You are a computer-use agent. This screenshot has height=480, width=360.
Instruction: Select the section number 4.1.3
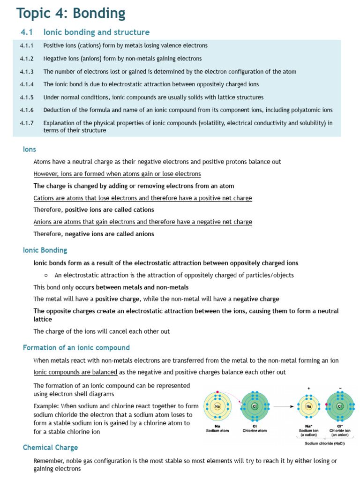[27, 72]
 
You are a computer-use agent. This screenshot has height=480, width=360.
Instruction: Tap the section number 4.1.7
[27, 123]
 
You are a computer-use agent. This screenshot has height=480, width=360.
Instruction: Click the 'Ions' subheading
[30, 149]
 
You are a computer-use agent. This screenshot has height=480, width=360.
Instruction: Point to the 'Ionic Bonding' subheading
[45, 250]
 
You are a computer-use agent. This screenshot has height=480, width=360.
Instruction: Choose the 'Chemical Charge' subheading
[50, 448]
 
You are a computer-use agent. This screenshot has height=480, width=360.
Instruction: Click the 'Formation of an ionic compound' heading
[76, 348]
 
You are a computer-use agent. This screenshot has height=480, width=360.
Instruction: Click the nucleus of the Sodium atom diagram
[217, 406]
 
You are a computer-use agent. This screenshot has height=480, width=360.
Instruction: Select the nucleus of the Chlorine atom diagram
[255, 406]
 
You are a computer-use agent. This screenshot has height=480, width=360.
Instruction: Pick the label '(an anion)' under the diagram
[340, 435]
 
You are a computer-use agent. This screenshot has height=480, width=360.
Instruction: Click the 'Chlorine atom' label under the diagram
[255, 430]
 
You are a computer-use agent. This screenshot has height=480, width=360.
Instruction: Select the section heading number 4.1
[25, 32]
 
